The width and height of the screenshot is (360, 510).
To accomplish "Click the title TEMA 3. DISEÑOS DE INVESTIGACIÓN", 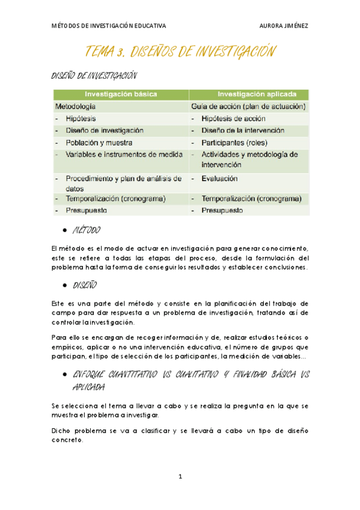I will click(180, 52).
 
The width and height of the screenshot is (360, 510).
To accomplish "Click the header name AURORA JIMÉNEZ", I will click(284, 26).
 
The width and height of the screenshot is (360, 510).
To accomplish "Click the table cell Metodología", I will click(75, 106).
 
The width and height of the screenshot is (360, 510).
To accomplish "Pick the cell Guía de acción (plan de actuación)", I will click(248, 106).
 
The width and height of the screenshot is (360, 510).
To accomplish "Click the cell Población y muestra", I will click(99, 143).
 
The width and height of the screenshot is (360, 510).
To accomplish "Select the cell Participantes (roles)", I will click(234, 143).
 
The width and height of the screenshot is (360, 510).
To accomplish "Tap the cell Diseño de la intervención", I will click(243, 130).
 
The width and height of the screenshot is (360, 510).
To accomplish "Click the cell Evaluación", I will click(219, 179).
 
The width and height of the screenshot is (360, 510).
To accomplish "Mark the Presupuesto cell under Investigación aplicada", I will click(222, 210).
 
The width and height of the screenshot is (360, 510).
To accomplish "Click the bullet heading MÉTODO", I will click(87, 231).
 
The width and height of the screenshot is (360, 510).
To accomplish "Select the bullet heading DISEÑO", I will click(85, 284).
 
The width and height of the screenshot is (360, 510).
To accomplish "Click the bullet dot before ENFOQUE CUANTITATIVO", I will click(64, 373).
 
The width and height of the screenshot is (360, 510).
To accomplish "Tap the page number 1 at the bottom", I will click(180, 477).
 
